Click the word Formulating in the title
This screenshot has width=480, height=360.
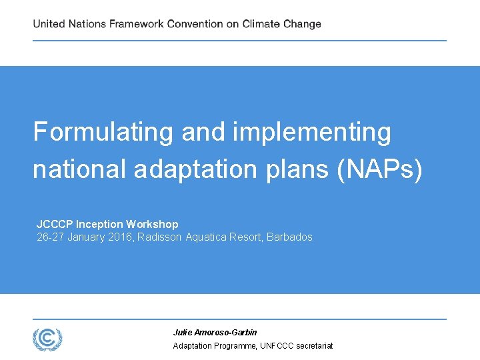pyautogui.click(x=103, y=132)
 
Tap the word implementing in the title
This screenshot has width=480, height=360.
pyautogui.click(x=312, y=132)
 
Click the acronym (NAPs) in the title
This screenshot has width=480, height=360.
pyautogui.click(x=380, y=169)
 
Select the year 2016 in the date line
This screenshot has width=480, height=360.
pyautogui.click(x=121, y=237)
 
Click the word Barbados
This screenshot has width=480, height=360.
pyautogui.click(x=289, y=237)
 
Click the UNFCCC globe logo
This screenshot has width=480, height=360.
pyautogui.click(x=47, y=339)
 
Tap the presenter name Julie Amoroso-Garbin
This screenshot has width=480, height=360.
pyautogui.click(x=215, y=332)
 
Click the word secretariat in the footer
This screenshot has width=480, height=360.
pyautogui.click(x=311, y=345)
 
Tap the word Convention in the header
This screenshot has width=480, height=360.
pyautogui.click(x=195, y=24)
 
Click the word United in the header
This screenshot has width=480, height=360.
pyautogui.click(x=49, y=24)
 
